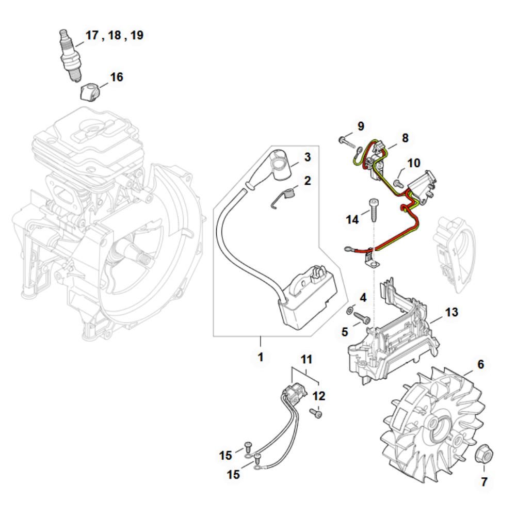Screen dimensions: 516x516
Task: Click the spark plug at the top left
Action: point(70,55)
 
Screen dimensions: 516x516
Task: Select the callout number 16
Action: point(117,77)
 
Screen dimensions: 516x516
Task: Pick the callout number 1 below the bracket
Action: point(261,357)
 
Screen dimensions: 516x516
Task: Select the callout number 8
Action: point(405,138)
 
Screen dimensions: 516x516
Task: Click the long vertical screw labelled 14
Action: point(373,209)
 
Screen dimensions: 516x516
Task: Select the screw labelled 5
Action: point(362,317)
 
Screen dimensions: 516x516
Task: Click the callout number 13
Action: point(451,312)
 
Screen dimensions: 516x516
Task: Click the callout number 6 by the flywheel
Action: point(481,364)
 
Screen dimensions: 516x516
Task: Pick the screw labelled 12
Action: point(316,413)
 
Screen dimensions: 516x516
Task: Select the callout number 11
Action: point(307,359)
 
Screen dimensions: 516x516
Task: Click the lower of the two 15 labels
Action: point(233,475)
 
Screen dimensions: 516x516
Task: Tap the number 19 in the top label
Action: point(137,35)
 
